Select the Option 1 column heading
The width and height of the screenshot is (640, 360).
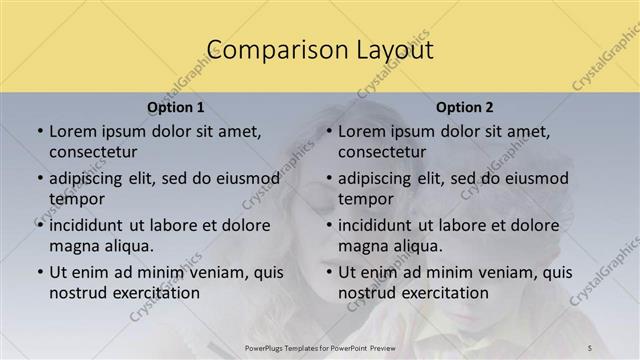pos(176,107)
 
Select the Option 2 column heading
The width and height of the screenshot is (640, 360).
pos(465,107)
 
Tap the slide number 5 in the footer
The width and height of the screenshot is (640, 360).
pos(590,346)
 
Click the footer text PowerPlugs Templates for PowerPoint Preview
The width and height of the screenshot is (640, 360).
pos(319,346)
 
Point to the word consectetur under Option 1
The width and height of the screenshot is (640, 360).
pos(93,151)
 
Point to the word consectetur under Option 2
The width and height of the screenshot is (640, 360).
pos(382,151)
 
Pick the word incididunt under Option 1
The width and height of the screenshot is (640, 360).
pos(93,225)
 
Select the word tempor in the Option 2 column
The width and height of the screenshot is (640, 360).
pos(366,198)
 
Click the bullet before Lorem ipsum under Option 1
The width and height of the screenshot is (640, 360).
pos(39,131)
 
